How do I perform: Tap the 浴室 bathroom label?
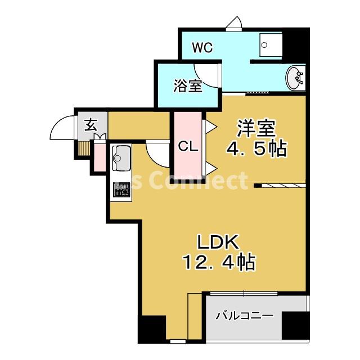[187, 86]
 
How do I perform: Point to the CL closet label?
[187, 146]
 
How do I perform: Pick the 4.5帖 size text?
[256, 149]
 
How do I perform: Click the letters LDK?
[218, 242]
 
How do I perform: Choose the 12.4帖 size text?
[218, 262]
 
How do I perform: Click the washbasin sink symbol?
[295, 78]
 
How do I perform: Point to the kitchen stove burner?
[121, 190]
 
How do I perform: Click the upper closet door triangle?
[206, 124]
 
